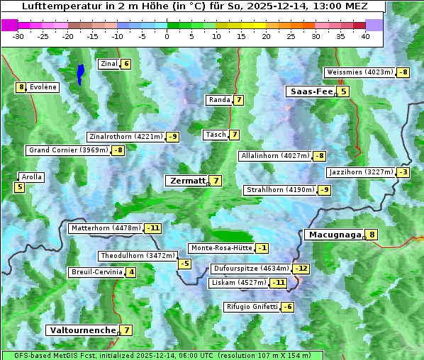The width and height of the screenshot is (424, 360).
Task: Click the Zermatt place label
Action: tap(186, 181)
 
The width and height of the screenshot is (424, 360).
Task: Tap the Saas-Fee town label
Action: tap(310, 91)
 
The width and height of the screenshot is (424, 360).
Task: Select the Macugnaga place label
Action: tap(333, 235)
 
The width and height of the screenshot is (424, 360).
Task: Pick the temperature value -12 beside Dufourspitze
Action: tap(302, 269)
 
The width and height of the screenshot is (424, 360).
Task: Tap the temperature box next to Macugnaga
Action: tap(372, 235)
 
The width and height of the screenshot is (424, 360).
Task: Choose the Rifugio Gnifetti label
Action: tap(251, 307)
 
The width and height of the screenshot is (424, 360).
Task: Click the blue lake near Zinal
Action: tap(80, 74)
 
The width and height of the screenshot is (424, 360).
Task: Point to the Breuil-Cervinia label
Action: tap(95, 272)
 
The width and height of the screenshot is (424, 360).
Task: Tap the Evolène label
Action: tap(43, 87)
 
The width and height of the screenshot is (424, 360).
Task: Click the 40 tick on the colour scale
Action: tap(364, 36)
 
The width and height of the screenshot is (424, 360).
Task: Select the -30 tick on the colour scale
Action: tap(19, 36)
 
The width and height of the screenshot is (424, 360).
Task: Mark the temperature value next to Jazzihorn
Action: tap(403, 172)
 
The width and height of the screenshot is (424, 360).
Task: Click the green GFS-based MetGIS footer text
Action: tap(162, 355)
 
